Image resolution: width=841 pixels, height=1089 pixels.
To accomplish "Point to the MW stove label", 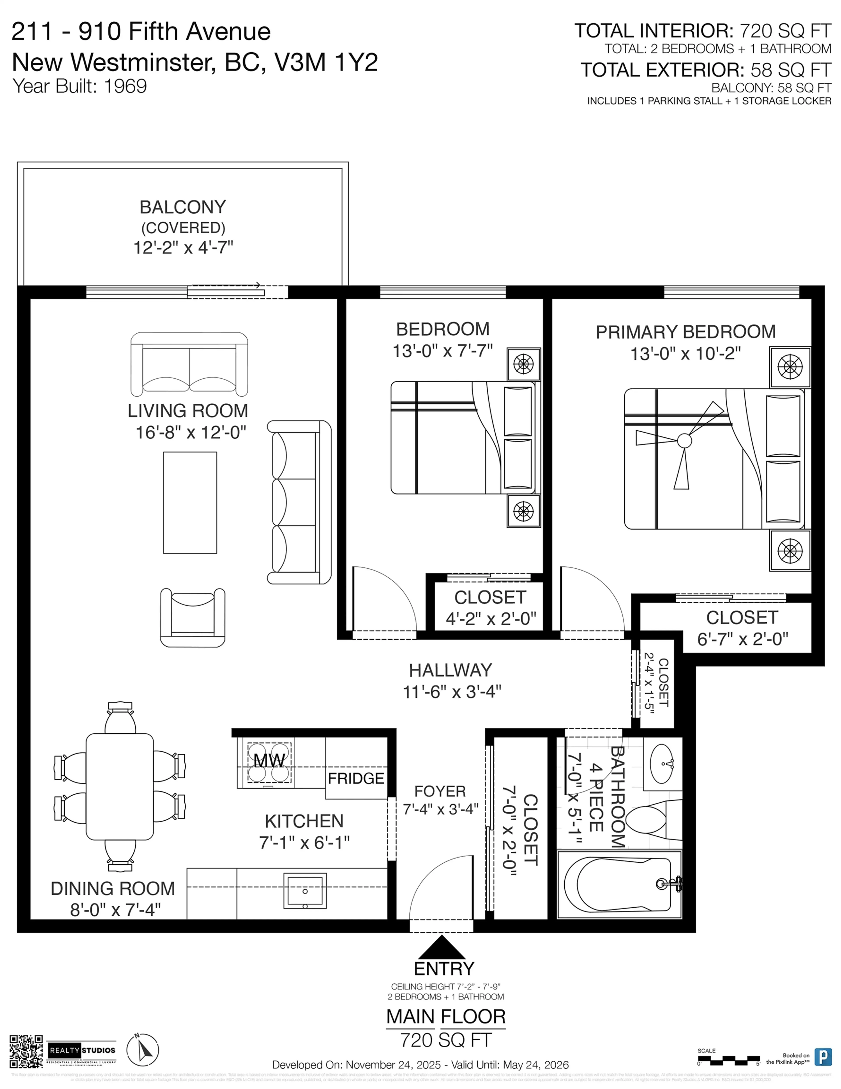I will pos(269,761).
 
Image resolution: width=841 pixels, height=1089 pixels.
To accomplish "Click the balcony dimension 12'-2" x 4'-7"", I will pos(183,247).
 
